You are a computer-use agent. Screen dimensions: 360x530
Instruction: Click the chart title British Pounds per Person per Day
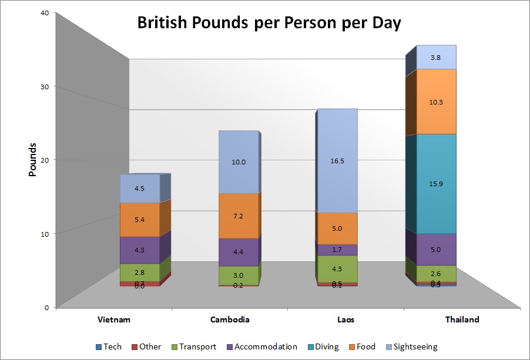[x=269, y=23]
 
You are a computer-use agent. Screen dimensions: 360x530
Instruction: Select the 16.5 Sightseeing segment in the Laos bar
[x=337, y=161]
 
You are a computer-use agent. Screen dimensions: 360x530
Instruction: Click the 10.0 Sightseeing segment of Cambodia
[x=239, y=162]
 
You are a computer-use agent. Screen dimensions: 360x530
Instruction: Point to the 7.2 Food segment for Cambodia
[x=239, y=216]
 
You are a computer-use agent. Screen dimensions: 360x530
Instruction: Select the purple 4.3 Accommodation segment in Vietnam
[x=140, y=250]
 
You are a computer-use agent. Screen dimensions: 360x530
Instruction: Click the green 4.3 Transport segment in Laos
[x=337, y=269]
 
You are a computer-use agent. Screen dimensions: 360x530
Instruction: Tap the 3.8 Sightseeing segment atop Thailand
[x=435, y=58]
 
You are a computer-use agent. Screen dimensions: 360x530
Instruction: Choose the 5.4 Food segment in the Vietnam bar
[x=140, y=220]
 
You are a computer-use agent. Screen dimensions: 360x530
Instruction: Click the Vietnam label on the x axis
[x=113, y=320]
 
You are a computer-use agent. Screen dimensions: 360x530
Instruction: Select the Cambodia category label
[x=230, y=320]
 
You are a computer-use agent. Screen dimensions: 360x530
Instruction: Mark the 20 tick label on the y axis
[x=44, y=160]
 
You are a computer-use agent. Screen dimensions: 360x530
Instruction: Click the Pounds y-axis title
[x=33, y=160]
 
